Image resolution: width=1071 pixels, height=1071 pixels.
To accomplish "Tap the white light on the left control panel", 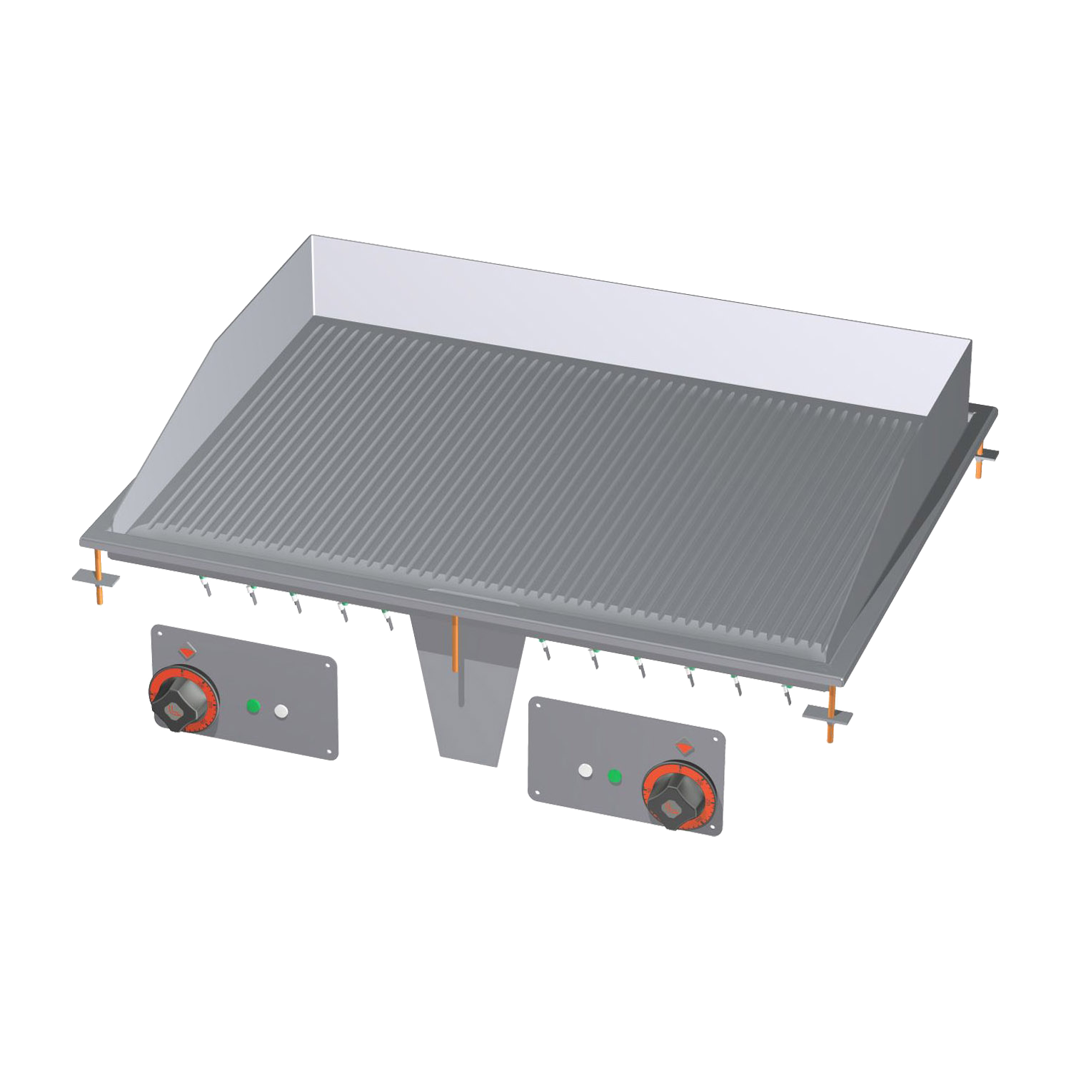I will [281, 711].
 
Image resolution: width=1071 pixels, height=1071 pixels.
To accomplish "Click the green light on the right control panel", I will [613, 775].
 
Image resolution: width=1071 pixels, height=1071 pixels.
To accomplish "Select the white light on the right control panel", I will [585, 771].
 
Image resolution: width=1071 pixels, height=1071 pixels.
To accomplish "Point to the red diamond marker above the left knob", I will [186, 650].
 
